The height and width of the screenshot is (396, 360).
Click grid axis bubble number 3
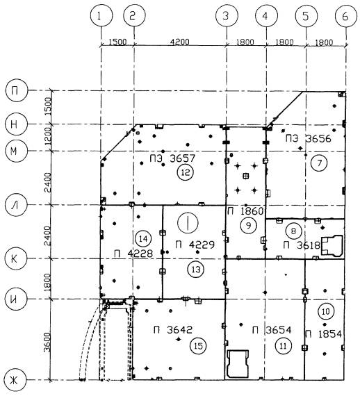[x=227, y=16]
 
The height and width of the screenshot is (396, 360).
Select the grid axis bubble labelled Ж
[x=15, y=379]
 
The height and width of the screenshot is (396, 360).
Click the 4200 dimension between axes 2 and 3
[x=179, y=42]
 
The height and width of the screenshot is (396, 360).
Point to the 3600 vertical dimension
[x=47, y=343]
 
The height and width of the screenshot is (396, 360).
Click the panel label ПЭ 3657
[x=172, y=158]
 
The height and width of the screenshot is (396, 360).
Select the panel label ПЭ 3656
[x=308, y=139]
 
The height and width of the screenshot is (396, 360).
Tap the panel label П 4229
[x=195, y=245]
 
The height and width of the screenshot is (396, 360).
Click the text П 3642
[x=173, y=329]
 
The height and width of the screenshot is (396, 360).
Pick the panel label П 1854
[x=323, y=334]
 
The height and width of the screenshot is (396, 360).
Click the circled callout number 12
[x=186, y=172]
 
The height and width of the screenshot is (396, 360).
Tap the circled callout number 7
[x=319, y=163]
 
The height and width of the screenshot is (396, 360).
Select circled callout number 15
[x=198, y=346]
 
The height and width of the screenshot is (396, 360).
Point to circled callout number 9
[x=249, y=225]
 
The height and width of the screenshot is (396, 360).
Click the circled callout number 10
[x=326, y=311]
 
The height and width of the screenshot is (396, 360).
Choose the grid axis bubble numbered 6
[x=345, y=16]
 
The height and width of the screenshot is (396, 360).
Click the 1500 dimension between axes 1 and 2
[x=117, y=42]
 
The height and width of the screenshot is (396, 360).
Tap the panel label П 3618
[x=302, y=245]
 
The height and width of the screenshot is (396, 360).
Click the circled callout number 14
[x=143, y=238]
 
